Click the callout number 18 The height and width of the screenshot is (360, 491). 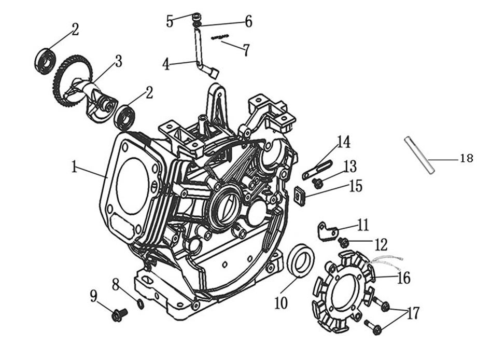pyautogui.click(x=466, y=158)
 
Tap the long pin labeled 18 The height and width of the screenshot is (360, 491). pyautogui.click(x=419, y=155)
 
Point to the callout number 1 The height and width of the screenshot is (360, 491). pyautogui.click(x=74, y=167)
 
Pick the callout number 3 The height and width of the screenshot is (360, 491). pyautogui.click(x=119, y=61)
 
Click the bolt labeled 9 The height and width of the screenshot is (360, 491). pyautogui.click(x=119, y=313)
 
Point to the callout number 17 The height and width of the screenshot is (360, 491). pyautogui.click(x=413, y=313)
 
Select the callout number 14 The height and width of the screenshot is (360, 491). pyautogui.click(x=343, y=142)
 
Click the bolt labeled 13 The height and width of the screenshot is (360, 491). pyautogui.click(x=318, y=183)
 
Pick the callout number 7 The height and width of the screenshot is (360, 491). pyautogui.click(x=245, y=50)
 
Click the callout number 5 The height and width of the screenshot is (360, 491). pyautogui.click(x=170, y=21)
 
